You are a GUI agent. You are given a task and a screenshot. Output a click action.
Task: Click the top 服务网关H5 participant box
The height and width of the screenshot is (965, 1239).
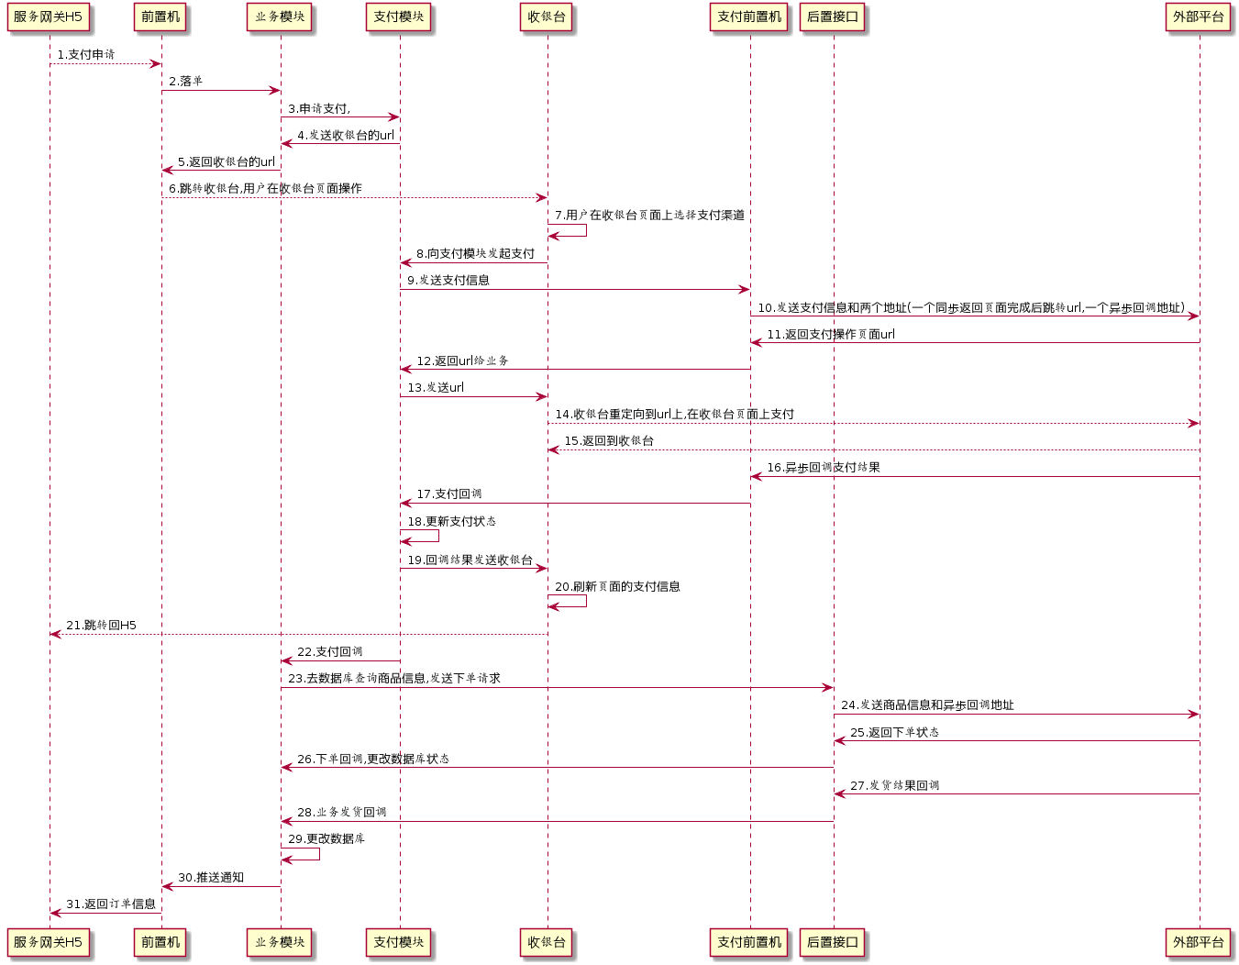tap(48, 17)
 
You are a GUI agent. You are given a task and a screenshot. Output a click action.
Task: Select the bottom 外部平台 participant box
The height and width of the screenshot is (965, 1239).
tap(1199, 942)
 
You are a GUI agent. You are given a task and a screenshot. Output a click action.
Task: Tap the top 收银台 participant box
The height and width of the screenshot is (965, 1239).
tap(547, 17)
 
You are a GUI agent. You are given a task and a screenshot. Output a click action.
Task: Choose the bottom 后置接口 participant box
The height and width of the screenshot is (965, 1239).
tap(833, 942)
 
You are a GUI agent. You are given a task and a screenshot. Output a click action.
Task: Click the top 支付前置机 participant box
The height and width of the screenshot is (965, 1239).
tap(749, 17)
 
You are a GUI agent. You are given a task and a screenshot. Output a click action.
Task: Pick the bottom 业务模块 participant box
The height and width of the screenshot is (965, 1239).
tap(280, 942)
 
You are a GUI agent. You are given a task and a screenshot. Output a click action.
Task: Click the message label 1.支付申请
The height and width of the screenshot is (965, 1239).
tap(86, 55)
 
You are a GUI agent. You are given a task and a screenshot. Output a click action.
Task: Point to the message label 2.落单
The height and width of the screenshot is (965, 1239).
tap(185, 82)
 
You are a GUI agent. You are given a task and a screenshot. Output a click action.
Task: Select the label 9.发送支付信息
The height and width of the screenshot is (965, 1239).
tap(448, 281)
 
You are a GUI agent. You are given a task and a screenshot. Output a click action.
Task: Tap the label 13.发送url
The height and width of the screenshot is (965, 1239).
tap(436, 388)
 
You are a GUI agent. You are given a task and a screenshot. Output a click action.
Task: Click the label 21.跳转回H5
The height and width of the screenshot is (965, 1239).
tap(101, 626)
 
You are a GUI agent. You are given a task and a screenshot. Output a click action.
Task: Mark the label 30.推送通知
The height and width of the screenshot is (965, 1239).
tap(211, 878)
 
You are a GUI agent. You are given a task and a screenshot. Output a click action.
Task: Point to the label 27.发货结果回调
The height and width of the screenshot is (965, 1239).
tap(894, 786)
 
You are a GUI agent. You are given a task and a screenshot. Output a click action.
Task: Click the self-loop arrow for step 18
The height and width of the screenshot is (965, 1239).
tap(437, 536)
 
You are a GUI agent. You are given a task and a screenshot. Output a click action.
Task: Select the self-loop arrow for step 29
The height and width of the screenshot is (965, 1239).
tap(318, 854)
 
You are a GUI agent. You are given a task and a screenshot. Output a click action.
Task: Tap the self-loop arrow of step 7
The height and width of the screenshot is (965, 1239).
tap(585, 230)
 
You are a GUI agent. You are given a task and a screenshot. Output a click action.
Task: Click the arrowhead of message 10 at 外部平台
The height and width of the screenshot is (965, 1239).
tap(1193, 316)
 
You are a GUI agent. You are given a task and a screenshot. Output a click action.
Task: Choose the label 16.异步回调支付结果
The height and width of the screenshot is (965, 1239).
tap(823, 468)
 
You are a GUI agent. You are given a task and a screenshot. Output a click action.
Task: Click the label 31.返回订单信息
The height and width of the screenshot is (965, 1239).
tap(111, 904)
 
